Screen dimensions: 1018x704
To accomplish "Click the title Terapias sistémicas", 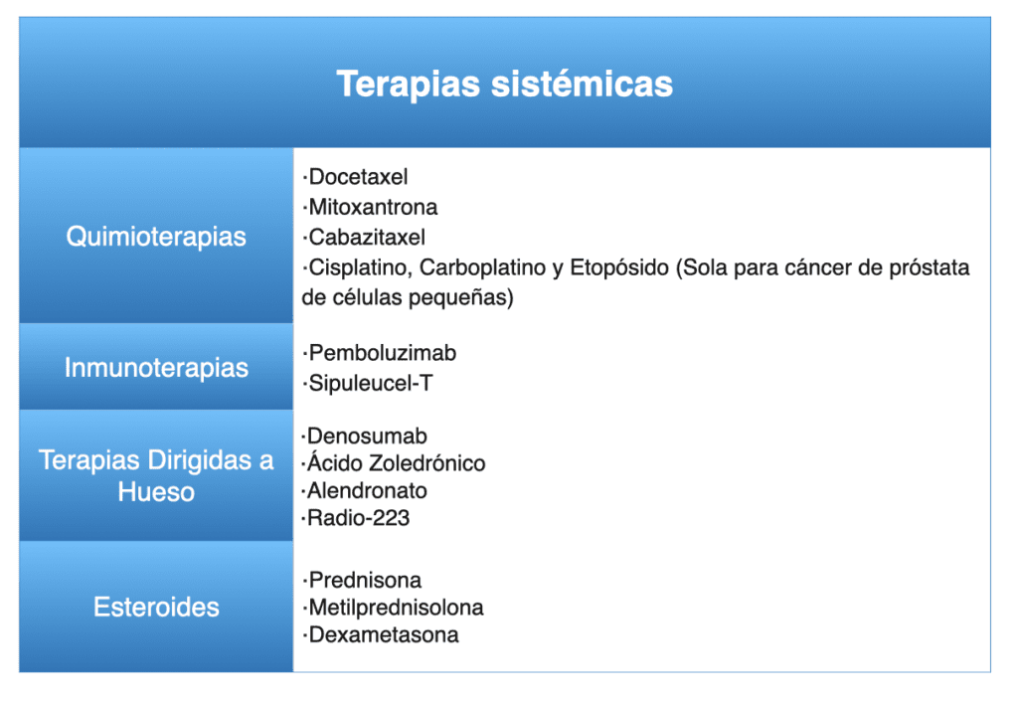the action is (504, 84).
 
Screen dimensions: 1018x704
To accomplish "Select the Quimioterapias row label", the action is (156, 237).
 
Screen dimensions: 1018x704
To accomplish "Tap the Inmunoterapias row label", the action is (156, 368).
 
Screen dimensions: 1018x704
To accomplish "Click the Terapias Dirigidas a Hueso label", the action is (156, 476).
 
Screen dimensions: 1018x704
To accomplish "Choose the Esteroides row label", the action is (156, 608).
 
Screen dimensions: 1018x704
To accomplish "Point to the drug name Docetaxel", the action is (358, 177).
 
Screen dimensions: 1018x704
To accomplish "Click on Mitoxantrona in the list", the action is (373, 207).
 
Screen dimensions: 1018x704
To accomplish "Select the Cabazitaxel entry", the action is (367, 237).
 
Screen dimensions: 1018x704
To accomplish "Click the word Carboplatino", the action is (482, 266).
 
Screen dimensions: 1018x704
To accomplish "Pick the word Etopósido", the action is (618, 266).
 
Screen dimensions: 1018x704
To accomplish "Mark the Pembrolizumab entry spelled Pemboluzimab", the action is (383, 353).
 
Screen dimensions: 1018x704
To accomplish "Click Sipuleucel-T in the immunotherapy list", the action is (370, 383).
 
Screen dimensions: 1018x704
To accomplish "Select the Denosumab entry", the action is (367, 436).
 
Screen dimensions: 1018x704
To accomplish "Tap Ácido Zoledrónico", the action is (396, 462).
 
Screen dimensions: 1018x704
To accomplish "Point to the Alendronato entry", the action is (367, 490).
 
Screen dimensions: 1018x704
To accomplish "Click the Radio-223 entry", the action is (358, 518).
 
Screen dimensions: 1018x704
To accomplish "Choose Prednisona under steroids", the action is (365, 580).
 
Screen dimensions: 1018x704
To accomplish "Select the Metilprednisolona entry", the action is (396, 608).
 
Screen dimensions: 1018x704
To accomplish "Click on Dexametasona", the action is (384, 634).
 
